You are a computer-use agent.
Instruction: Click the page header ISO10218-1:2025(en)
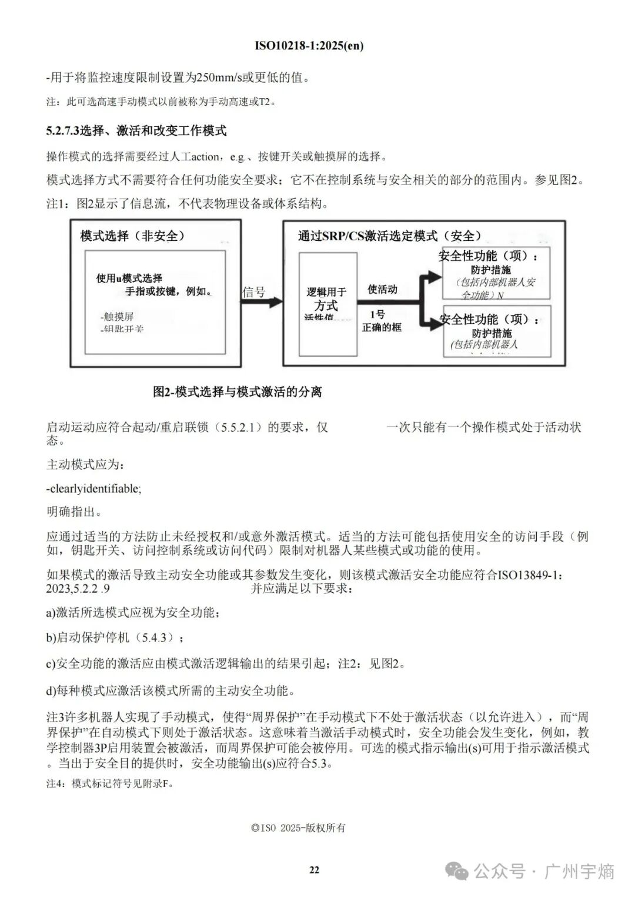click(309, 46)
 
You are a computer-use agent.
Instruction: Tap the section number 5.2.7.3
click(62, 131)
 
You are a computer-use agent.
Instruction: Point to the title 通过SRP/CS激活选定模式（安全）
click(390, 236)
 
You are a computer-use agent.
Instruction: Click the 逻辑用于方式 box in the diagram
click(327, 304)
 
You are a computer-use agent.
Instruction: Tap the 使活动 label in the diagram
click(382, 290)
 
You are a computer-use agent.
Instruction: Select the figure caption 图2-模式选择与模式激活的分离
click(238, 392)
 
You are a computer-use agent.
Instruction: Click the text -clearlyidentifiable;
click(94, 489)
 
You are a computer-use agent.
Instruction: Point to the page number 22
click(314, 870)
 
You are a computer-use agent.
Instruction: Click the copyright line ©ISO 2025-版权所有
click(298, 828)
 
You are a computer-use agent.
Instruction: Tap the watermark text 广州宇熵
click(580, 871)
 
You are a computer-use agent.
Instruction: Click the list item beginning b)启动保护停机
click(115, 638)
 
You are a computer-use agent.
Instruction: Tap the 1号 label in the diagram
click(377, 314)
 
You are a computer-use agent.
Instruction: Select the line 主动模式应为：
click(85, 465)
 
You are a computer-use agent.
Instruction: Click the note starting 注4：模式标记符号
click(110, 784)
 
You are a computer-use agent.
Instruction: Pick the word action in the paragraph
click(206, 157)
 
